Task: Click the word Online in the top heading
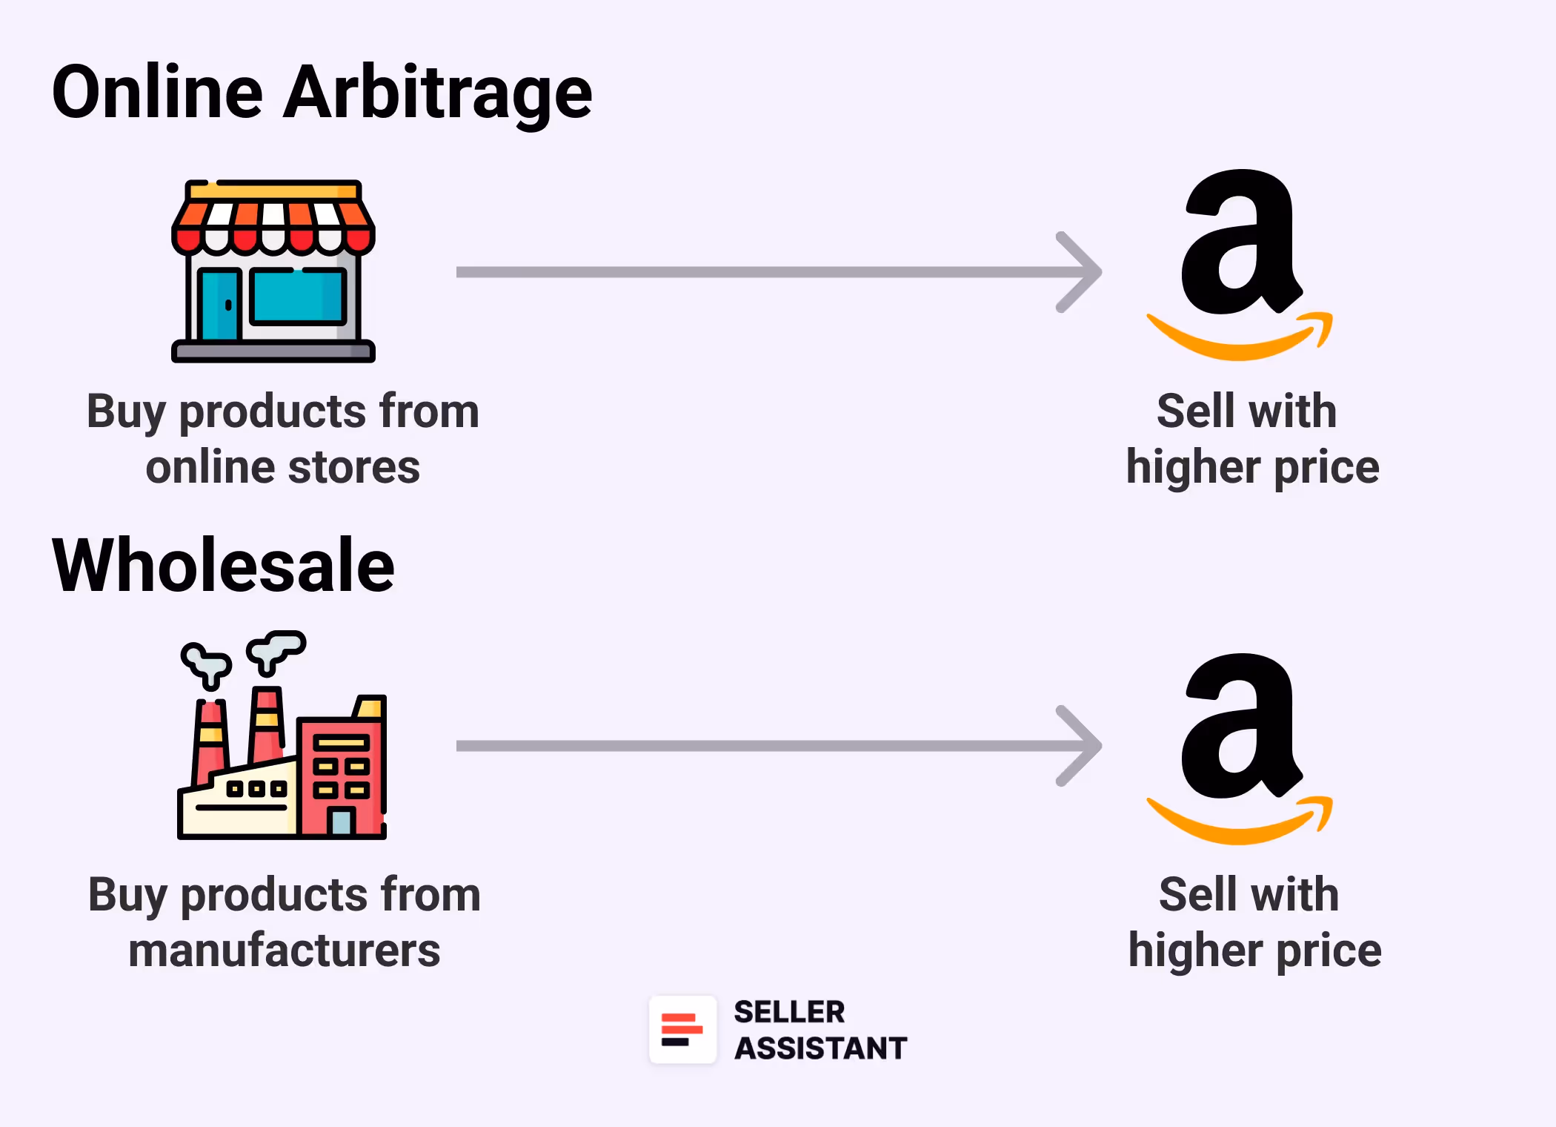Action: pyautogui.click(x=157, y=93)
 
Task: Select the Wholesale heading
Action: pyautogui.click(x=223, y=566)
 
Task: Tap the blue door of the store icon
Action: pyautogui.click(x=219, y=304)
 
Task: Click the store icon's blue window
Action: pyautogui.click(x=298, y=297)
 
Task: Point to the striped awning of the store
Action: pyautogui.click(x=273, y=222)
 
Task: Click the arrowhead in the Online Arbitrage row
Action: pyautogui.click(x=1082, y=272)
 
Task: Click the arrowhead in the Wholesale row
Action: pyautogui.click(x=1082, y=746)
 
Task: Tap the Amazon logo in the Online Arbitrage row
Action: pyautogui.click(x=1239, y=252)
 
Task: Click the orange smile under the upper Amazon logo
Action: pyautogui.click(x=1239, y=341)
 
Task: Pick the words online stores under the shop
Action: pyautogui.click(x=282, y=468)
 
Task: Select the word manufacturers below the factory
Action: pyautogui.click(x=284, y=951)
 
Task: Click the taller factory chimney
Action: pyautogui.click(x=267, y=727)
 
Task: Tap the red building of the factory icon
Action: pyautogui.click(x=342, y=771)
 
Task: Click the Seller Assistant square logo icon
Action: pyautogui.click(x=682, y=1030)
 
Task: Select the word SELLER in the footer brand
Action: pyautogui.click(x=789, y=1012)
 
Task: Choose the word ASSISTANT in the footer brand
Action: pyautogui.click(x=820, y=1048)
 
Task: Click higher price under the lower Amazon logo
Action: pyautogui.click(x=1254, y=951)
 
